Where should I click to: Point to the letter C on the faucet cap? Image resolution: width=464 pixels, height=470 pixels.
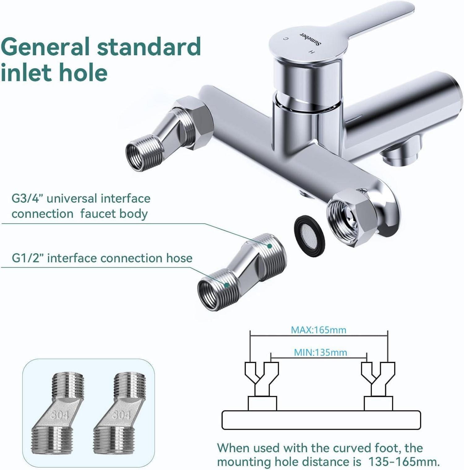click(x=286, y=39)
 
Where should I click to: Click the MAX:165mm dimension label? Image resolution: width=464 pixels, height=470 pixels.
click(x=318, y=330)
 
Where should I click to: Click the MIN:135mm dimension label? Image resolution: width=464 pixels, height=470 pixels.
click(x=320, y=352)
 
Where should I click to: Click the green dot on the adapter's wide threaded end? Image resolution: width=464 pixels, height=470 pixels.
click(x=269, y=246)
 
